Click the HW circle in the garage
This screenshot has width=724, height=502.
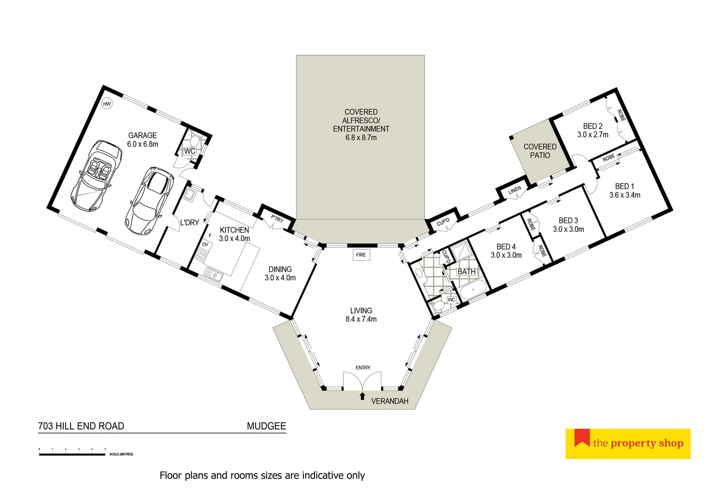coord(107,104)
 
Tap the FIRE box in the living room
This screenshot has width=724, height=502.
coord(361,255)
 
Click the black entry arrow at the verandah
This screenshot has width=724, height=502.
coord(362,396)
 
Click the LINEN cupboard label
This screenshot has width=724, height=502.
coord(514,190)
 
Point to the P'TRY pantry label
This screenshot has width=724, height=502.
coord(277,219)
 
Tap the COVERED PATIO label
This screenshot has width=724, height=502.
coord(540,151)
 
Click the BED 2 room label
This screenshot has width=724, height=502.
coord(592,126)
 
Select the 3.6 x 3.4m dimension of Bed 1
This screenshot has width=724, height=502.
coord(625,195)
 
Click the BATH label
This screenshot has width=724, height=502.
coord(467,272)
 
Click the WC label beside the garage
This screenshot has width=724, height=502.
coord(190,152)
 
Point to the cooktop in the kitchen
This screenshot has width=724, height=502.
coord(201,255)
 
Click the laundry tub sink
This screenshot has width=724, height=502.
coord(189,195)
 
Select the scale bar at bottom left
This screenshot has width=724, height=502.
coord(72,454)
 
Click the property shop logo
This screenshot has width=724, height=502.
coord(628,443)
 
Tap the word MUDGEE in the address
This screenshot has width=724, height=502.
coord(266,426)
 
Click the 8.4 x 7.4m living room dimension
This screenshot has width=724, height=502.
coord(361,319)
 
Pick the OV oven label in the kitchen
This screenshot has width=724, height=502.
coord(205,244)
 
